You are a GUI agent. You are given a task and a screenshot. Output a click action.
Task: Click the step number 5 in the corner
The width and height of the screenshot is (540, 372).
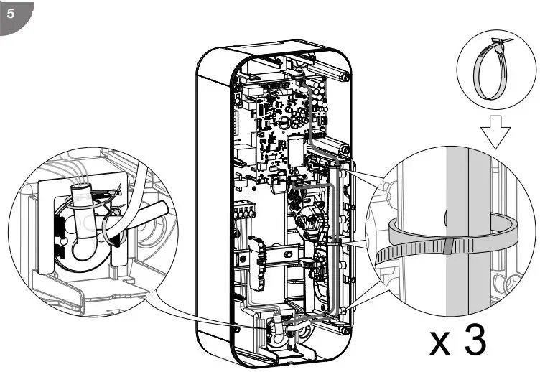pos(11,13)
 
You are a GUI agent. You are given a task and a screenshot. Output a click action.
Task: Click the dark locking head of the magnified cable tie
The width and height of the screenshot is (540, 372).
pos(447,247)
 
